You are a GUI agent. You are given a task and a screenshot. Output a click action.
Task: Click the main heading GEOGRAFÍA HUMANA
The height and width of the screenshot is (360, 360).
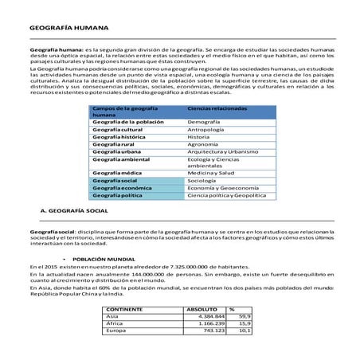coord(62,27)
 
